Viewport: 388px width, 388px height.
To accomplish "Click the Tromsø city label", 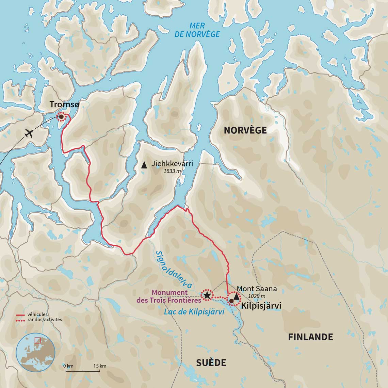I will [64, 105].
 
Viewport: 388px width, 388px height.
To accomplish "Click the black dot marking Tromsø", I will [61, 117].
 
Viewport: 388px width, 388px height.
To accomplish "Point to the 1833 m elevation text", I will [172, 171].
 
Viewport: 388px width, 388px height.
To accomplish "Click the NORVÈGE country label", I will [245, 130].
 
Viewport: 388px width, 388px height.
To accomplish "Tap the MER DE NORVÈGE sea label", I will [197, 30].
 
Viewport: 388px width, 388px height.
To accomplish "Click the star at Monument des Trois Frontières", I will [207, 295].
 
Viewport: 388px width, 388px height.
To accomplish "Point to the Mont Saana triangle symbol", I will [236, 296].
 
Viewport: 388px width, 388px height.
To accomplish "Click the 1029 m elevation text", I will [257, 296].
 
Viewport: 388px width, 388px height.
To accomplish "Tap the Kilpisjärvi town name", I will [261, 306].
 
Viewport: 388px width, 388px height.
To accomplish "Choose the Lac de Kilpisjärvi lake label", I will [194, 312].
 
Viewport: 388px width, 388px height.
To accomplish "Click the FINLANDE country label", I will [310, 337].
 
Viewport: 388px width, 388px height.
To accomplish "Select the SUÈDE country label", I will [211, 363].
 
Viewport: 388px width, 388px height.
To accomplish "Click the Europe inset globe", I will [35, 353].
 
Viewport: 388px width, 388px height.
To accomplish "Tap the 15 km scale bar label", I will [100, 366].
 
